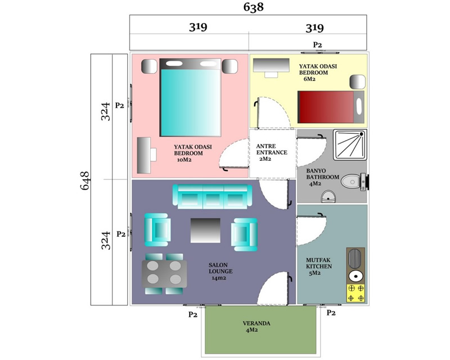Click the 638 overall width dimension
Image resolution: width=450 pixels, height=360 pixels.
[x=254, y=7]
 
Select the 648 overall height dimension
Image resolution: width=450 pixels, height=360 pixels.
[x=85, y=181]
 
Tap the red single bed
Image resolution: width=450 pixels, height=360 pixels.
[x=331, y=107]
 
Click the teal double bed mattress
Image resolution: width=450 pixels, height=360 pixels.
[x=191, y=102]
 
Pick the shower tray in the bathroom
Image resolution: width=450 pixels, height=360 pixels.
[x=350, y=145]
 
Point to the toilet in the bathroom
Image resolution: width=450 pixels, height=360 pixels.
[x=354, y=182]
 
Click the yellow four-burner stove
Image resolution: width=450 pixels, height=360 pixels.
[x=356, y=293]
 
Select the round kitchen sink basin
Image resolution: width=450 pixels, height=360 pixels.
[x=356, y=276]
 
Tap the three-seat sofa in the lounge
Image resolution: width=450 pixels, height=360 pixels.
[x=213, y=197]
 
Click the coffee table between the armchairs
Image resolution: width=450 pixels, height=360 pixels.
[x=205, y=230]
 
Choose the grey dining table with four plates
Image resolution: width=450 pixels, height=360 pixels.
[x=164, y=273]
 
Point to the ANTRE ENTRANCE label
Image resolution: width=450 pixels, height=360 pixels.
[x=272, y=149]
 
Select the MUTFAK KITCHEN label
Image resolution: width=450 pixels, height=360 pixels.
[x=318, y=263]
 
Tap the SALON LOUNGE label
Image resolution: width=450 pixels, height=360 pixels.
[x=220, y=268]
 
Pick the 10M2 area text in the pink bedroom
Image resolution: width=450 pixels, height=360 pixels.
[x=184, y=160]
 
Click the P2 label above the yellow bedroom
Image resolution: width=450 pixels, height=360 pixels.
[x=317, y=44]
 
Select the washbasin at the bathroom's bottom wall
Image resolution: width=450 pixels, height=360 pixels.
[x=328, y=197]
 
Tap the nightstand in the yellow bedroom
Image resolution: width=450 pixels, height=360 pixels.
[x=357, y=82]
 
